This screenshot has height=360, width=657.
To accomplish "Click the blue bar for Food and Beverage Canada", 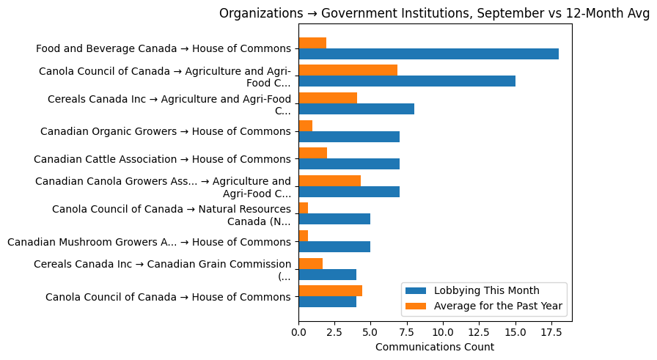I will click(x=428, y=54).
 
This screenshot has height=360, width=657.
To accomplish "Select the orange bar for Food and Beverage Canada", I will click(x=312, y=43).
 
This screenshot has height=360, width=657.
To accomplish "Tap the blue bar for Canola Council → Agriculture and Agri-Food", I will click(x=407, y=81).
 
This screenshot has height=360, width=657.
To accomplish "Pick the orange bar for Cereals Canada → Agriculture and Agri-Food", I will click(x=328, y=98).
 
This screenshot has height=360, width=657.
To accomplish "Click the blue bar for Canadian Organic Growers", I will click(x=349, y=136).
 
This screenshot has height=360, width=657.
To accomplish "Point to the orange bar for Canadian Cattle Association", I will click(x=312, y=153).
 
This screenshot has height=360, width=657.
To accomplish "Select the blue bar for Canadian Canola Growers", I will click(x=349, y=191).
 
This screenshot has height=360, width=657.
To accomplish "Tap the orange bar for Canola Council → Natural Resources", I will click(x=303, y=208).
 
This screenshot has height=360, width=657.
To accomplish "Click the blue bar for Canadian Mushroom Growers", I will click(x=334, y=246).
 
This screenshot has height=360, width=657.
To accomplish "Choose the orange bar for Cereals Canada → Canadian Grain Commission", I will click(x=310, y=263).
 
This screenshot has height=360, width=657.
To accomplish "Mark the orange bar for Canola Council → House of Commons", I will click(x=330, y=290).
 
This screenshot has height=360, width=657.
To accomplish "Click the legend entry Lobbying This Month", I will click(x=486, y=290).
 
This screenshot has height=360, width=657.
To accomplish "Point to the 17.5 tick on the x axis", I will click(x=551, y=322).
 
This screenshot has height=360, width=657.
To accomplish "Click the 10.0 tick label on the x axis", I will click(x=443, y=331).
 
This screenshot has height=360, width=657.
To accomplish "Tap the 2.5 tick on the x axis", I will click(x=334, y=322).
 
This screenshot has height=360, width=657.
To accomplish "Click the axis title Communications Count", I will click(x=435, y=347).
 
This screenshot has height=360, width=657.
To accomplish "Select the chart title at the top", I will click(x=434, y=13).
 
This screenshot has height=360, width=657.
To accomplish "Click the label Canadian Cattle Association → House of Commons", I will click(x=162, y=159).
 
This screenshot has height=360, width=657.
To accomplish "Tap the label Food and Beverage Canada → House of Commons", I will click(x=164, y=49).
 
